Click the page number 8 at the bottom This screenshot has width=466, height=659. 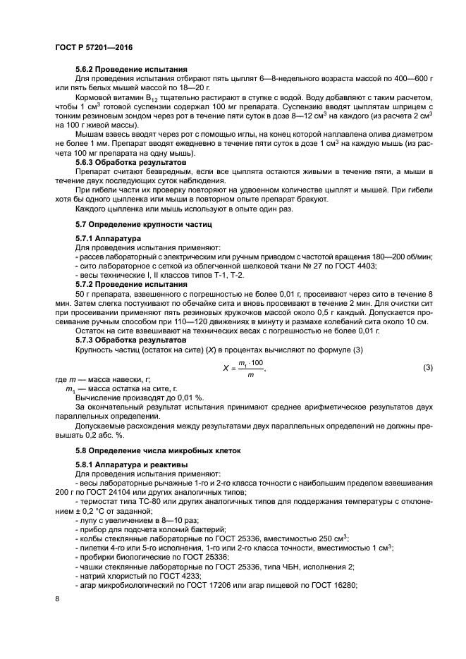pos(58,598)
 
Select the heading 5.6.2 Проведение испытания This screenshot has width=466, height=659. pos(131,69)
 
